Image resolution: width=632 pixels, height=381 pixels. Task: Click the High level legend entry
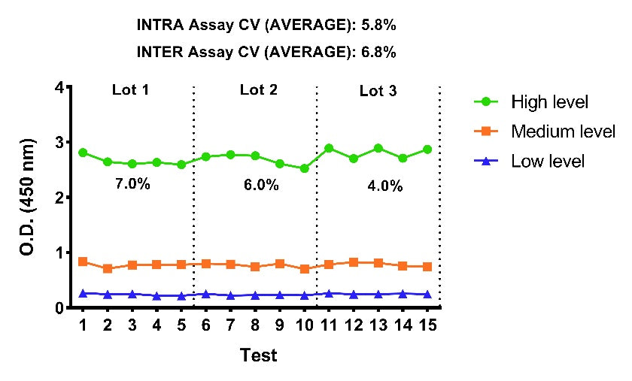pyautogui.click(x=531, y=102)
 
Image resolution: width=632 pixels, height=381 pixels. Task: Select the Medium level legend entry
pyautogui.click(x=545, y=132)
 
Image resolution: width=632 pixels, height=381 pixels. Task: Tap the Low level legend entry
pyautogui.click(x=529, y=161)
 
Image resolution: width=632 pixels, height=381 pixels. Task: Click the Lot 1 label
pyautogui.click(x=131, y=89)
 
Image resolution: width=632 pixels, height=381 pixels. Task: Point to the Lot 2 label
pyautogui.click(x=259, y=89)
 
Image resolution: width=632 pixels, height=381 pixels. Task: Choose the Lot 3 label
pyautogui.click(x=378, y=91)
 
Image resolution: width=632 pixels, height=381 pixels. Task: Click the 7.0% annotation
pyautogui.click(x=132, y=184)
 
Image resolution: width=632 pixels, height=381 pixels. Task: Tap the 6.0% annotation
pyautogui.click(x=261, y=185)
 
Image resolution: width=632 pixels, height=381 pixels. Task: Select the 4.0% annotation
pyautogui.click(x=385, y=186)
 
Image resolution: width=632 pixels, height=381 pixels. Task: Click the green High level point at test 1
pyautogui.click(x=83, y=153)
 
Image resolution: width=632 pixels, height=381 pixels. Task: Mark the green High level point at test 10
pyautogui.click(x=304, y=168)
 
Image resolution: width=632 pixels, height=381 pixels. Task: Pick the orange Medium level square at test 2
pyautogui.click(x=108, y=268)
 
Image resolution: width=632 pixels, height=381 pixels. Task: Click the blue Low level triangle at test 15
pyautogui.click(x=427, y=294)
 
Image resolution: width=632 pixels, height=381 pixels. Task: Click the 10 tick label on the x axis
pyautogui.click(x=304, y=325)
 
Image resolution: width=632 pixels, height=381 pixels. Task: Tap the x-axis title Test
pyautogui.click(x=259, y=355)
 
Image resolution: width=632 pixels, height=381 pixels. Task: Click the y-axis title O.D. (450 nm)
pyautogui.click(x=27, y=197)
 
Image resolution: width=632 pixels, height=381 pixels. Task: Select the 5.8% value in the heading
pyautogui.click(x=378, y=25)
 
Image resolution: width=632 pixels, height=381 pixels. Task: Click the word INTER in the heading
pyautogui.click(x=160, y=52)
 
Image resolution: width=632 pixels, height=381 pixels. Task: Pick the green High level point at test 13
pyautogui.click(x=378, y=148)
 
